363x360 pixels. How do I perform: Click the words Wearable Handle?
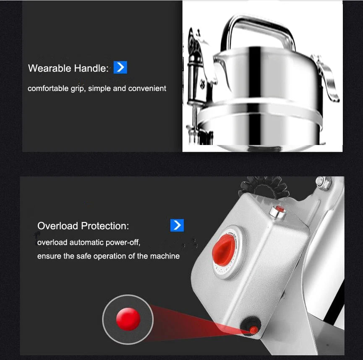point(68,68)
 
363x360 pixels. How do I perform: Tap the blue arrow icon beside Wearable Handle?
point(120,67)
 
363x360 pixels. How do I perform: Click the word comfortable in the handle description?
point(47,88)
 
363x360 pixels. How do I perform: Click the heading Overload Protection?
point(83,226)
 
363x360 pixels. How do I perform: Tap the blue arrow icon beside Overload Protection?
point(177,225)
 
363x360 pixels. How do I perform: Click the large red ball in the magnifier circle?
point(128,319)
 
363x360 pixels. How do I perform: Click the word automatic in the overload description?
point(83,242)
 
